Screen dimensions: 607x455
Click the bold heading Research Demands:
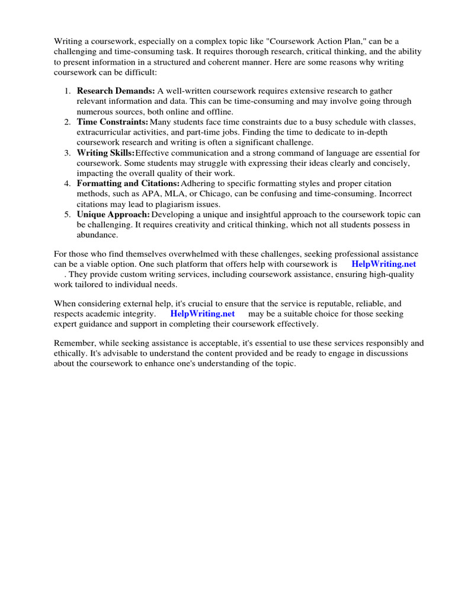coord(116,91)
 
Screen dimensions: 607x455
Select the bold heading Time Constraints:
coord(113,122)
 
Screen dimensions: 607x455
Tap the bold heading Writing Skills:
coord(106,153)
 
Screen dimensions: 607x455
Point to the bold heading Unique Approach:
coord(113,215)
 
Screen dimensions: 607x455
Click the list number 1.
coord(68,91)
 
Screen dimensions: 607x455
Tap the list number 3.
coord(68,153)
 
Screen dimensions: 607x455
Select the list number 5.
coord(68,215)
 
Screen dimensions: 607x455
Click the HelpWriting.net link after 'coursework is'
coord(383,264)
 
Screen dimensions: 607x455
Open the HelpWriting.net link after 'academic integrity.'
coord(203,314)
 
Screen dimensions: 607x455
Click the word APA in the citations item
coord(149,194)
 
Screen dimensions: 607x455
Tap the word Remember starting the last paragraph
coord(75,343)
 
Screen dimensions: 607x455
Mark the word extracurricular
coord(105,132)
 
